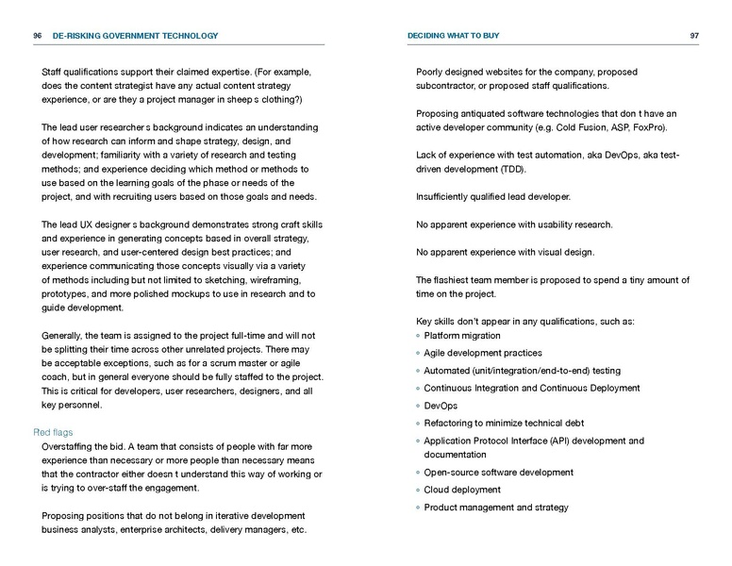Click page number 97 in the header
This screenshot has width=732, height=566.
point(693,36)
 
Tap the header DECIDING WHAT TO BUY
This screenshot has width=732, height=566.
point(453,36)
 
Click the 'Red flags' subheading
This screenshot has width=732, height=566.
point(48,431)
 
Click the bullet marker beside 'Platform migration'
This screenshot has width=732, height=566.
point(418,336)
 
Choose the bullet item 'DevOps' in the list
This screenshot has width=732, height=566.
point(441,406)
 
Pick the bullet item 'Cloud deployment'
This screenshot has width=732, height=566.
point(462,490)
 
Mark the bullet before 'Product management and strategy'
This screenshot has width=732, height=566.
point(418,508)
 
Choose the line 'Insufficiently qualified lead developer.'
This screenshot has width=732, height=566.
point(492,196)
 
